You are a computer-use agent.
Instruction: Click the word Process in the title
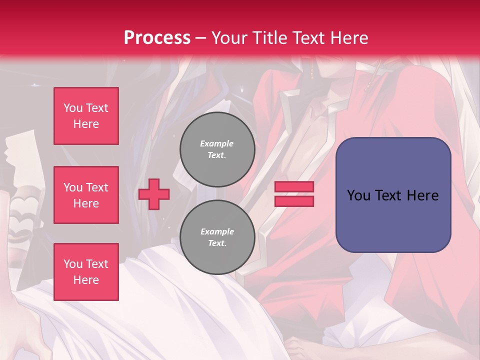(157, 38)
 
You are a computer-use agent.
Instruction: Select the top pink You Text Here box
(86, 116)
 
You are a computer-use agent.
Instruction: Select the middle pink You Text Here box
(86, 195)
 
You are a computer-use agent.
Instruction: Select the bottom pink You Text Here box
(86, 272)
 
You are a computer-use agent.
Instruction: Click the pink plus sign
(154, 194)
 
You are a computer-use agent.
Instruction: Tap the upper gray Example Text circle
(217, 149)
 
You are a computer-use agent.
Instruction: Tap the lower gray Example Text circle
(217, 237)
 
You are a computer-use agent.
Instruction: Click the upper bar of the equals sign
(294, 187)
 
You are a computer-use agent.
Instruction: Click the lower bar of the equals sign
(294, 201)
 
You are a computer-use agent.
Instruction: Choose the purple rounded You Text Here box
(393, 195)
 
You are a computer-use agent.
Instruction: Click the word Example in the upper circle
(217, 143)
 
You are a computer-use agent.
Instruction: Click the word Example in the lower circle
(217, 231)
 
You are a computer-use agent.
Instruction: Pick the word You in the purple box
(358, 195)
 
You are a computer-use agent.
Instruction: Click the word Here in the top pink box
(86, 124)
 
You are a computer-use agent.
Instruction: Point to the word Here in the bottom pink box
(86, 280)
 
